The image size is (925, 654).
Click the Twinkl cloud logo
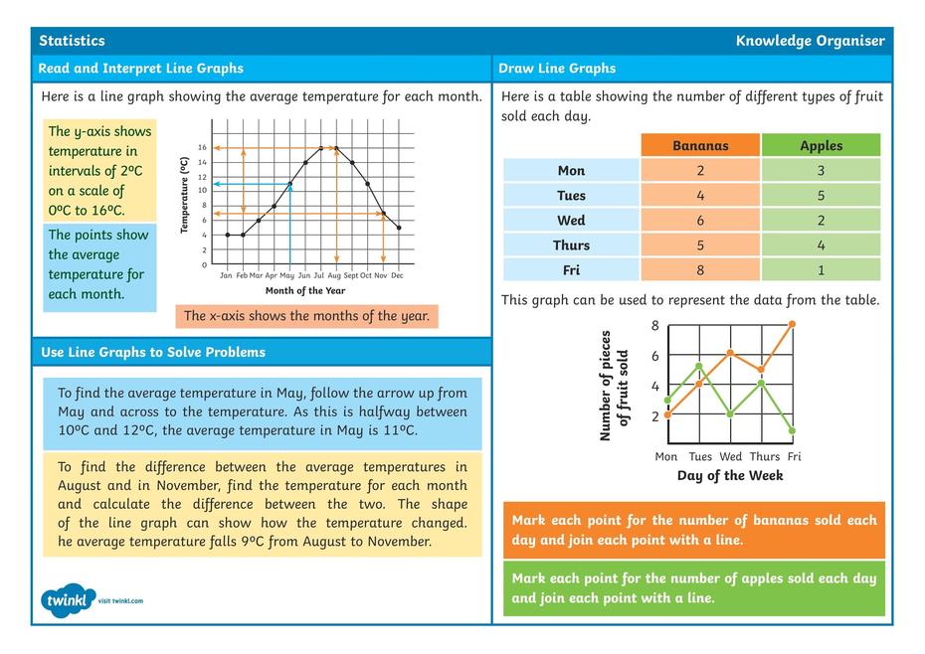pyautogui.click(x=69, y=600)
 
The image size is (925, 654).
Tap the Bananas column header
pyautogui.click(x=700, y=145)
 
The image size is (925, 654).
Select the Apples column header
pyautogui.click(x=821, y=145)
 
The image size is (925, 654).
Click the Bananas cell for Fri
pyautogui.click(x=700, y=269)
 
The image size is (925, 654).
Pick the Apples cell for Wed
pyautogui.click(x=821, y=220)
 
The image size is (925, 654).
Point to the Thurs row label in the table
pyautogui.click(x=571, y=245)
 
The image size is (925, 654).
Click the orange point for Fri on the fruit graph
pyautogui.click(x=793, y=324)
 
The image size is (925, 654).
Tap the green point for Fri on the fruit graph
pyautogui.click(x=793, y=430)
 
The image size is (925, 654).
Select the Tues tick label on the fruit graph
pyautogui.click(x=700, y=457)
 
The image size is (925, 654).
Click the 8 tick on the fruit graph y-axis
pyautogui.click(x=655, y=326)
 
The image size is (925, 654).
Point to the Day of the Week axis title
pyautogui.click(x=730, y=475)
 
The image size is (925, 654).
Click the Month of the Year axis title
pyautogui.click(x=305, y=291)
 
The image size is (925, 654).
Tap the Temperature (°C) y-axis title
pyautogui.click(x=184, y=195)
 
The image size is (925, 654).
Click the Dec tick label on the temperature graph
pyautogui.click(x=397, y=275)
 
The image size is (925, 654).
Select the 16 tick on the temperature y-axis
pyautogui.click(x=202, y=147)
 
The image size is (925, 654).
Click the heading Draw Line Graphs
pyautogui.click(x=557, y=69)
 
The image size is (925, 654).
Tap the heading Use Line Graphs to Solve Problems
pyautogui.click(x=153, y=352)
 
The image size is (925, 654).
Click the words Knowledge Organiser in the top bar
pyautogui.click(x=810, y=41)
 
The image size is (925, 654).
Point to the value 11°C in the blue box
pyautogui.click(x=397, y=430)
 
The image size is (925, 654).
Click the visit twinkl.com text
pyautogui.click(x=120, y=600)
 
